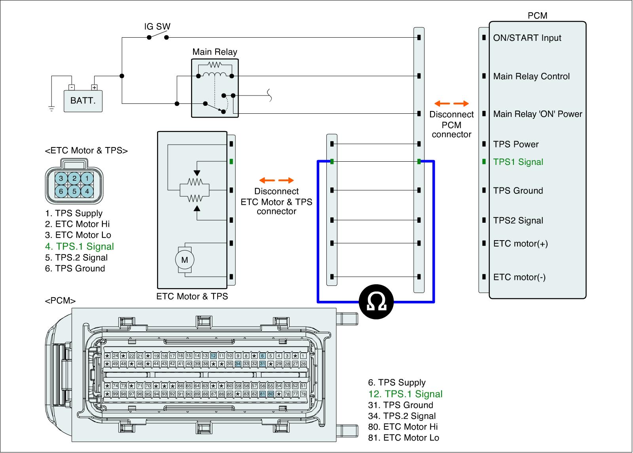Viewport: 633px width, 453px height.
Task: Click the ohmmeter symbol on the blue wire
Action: point(376,302)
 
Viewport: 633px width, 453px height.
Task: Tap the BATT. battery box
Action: point(83,101)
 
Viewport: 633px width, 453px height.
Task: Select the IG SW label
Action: point(157,26)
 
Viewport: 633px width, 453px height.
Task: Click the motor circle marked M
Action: point(184,260)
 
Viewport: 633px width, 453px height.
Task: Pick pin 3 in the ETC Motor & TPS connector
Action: point(61,178)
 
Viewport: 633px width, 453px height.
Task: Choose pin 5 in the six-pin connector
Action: point(74,191)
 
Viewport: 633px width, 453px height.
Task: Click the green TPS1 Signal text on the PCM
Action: point(518,162)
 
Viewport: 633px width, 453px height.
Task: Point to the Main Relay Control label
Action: point(531,76)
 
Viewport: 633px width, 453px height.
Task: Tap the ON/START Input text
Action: point(527,38)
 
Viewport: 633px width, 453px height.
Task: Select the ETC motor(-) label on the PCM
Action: point(519,277)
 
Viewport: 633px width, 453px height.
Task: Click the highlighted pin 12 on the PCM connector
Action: point(213,356)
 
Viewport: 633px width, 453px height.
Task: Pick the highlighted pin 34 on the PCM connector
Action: point(238,363)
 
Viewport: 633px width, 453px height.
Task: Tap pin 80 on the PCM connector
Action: point(271,394)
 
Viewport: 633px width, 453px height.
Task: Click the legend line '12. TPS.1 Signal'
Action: point(405,394)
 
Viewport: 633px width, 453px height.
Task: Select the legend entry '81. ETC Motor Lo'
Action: point(404,438)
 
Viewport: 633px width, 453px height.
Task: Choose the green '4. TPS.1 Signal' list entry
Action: point(80,247)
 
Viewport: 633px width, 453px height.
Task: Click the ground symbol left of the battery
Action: point(51,109)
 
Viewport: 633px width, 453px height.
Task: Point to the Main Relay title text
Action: point(215,52)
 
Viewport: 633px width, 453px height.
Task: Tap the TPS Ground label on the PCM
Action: point(518,191)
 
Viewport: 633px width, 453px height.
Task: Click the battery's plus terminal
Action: point(95,88)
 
